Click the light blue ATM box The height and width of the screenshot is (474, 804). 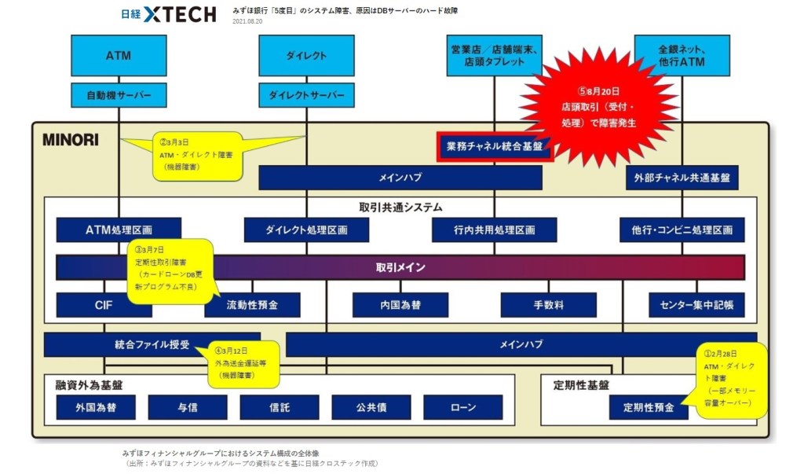[118, 56]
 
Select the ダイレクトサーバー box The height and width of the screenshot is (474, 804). [306, 95]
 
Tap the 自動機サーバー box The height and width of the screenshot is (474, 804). [119, 95]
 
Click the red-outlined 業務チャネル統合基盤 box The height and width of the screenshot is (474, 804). [495, 146]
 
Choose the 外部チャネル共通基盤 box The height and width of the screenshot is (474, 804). [682, 178]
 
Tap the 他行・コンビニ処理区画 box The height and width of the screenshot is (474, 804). [682, 230]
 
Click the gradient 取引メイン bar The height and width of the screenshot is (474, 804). [400, 267]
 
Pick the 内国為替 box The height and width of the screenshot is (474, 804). [400, 304]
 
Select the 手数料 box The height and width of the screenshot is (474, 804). [548, 304]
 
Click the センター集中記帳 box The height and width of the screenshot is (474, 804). [696, 304]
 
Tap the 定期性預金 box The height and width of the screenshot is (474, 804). [648, 407]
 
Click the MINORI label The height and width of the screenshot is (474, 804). [71, 140]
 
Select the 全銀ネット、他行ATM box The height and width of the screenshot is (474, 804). [682, 56]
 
